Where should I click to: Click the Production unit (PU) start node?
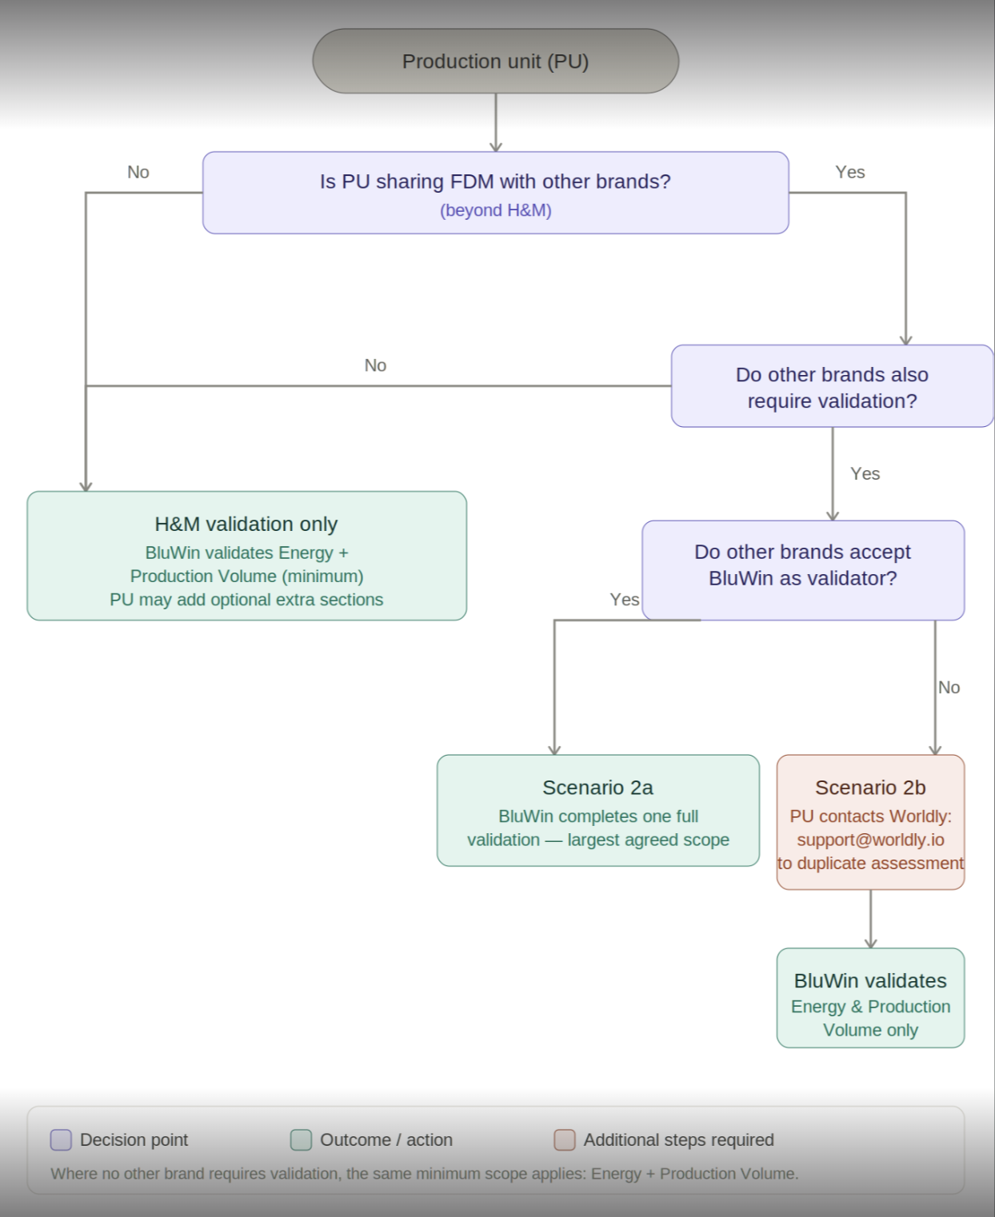495,61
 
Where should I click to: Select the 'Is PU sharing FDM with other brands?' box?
495,193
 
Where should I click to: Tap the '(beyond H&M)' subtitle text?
496,210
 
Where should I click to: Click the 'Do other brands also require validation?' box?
832,386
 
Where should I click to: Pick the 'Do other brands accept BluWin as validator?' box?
803,570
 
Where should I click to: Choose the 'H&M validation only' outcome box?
246,556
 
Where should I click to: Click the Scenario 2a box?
598,810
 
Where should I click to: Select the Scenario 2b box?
870,822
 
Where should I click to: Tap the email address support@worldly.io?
870,840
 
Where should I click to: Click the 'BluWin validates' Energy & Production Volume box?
870,998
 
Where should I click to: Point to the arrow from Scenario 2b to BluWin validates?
870,919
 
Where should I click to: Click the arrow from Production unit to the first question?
495,122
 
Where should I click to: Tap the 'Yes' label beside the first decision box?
849,172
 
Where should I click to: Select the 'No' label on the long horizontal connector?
375,365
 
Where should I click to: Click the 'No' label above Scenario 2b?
949,688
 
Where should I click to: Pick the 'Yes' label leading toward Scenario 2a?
625,600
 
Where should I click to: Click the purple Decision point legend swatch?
61,1139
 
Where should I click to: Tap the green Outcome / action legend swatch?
301,1139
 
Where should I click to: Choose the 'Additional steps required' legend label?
679,1139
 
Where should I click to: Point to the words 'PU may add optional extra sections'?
246,600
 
